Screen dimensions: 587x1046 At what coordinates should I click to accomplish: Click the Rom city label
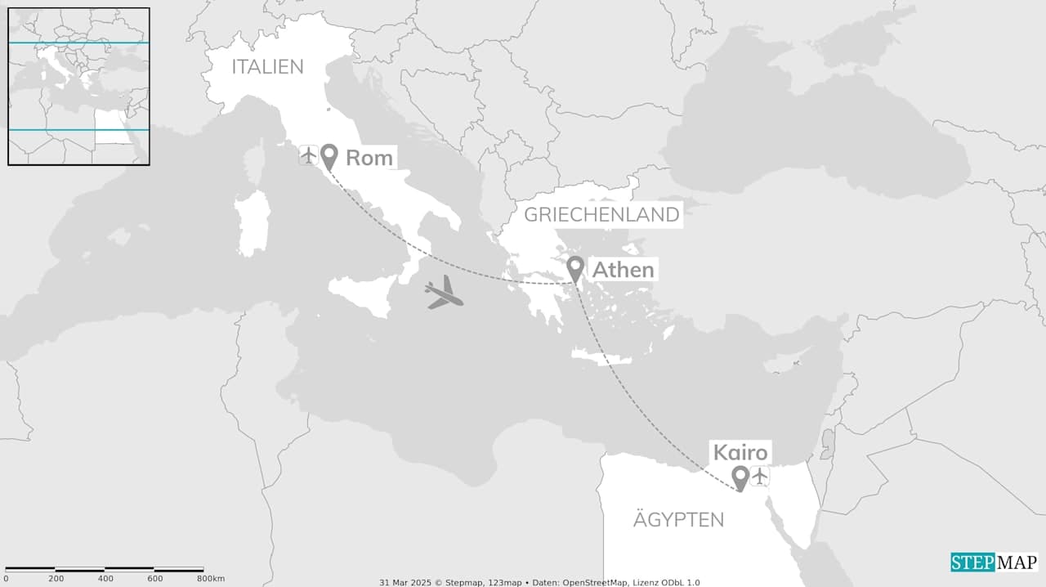369,158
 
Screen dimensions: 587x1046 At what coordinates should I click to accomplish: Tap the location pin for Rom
329,156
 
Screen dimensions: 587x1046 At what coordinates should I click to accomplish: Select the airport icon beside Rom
308,155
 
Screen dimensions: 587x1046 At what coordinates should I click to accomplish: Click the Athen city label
623,270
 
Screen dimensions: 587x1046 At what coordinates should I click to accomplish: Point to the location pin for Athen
575,268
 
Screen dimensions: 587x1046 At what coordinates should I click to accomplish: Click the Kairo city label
740,453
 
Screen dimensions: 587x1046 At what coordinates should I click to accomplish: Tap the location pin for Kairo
740,477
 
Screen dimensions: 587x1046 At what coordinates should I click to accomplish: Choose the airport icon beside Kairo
760,475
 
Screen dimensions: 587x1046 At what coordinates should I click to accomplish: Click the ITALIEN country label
267,67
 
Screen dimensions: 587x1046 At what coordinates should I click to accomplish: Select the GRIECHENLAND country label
601,215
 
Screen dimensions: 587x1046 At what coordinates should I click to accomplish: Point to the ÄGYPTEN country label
678,519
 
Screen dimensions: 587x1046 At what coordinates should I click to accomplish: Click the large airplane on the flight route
444,293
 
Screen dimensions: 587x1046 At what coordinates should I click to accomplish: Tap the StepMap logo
994,562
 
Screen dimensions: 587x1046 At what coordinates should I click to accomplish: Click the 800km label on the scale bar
210,579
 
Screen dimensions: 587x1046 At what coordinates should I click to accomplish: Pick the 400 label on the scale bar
105,579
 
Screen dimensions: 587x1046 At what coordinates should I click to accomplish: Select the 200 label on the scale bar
56,579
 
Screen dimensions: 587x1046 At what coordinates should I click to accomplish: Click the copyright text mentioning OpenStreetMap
539,582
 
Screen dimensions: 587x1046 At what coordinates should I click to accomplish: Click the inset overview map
78,87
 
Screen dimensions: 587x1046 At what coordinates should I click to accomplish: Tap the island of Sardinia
252,222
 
